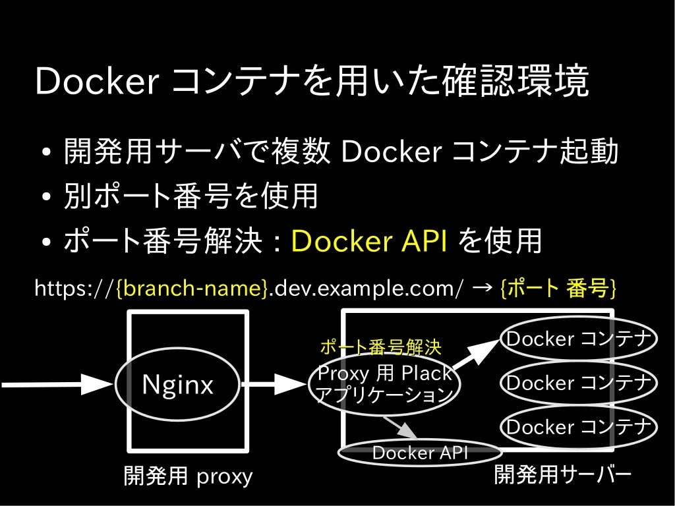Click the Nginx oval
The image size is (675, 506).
(178, 384)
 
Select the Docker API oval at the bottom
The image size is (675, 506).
(420, 453)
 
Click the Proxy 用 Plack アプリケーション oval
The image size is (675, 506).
(384, 384)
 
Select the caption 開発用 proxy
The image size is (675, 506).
(188, 476)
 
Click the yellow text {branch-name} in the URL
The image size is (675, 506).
(192, 288)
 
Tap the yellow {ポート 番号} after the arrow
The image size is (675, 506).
(558, 288)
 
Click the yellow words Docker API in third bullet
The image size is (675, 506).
(369, 242)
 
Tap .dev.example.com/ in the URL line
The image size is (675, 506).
(366, 288)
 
